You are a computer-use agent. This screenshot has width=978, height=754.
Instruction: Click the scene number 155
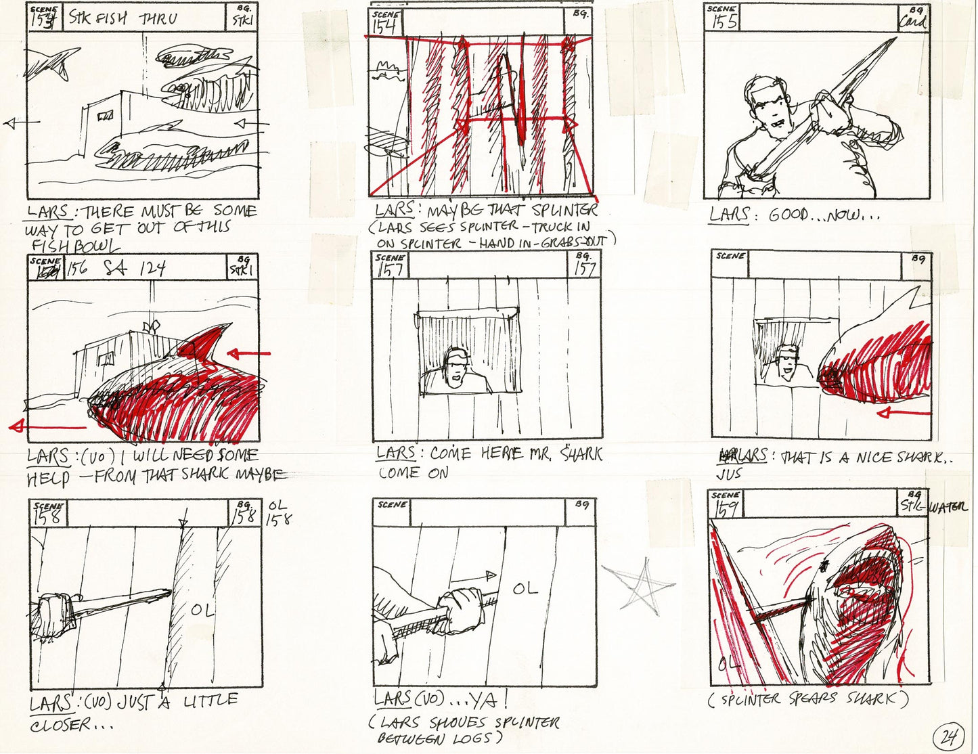pyautogui.click(x=721, y=22)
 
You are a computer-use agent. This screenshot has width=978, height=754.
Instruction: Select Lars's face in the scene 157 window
pyautogui.click(x=455, y=368)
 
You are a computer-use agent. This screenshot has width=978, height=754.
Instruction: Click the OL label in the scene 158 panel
pyautogui.click(x=202, y=611)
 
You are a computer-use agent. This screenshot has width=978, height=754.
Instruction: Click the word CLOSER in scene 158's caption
pyautogui.click(x=61, y=725)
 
